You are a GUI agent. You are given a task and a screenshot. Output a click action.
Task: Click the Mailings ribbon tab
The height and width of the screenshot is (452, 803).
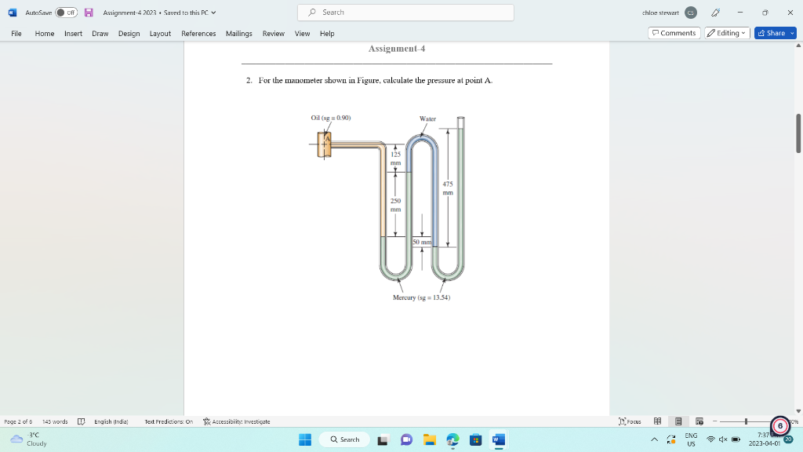238,33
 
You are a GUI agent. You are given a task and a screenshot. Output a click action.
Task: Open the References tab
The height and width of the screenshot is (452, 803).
198,33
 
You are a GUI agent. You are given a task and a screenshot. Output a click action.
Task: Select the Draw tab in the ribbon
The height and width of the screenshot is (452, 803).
100,33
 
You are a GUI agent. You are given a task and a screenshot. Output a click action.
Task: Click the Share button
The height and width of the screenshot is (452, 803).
775,33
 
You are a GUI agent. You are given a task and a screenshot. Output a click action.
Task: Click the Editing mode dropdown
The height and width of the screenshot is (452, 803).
727,33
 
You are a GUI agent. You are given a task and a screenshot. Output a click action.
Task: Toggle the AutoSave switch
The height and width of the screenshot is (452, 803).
65,13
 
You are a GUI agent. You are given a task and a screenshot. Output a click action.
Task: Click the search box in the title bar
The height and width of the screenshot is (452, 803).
405,13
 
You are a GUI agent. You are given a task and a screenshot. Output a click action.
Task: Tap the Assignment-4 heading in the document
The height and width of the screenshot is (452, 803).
397,49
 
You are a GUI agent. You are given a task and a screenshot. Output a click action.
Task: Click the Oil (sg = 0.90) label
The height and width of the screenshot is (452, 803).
331,118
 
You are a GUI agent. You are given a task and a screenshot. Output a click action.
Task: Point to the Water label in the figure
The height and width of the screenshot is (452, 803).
427,118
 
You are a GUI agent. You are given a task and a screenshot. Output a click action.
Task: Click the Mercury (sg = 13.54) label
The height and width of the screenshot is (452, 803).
422,298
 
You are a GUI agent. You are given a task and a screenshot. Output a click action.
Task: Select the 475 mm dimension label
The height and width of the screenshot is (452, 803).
448,188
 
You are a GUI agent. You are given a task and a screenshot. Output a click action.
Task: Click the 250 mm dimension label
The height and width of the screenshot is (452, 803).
396,205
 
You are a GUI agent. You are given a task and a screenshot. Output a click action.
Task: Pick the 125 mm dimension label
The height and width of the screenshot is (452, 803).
396,159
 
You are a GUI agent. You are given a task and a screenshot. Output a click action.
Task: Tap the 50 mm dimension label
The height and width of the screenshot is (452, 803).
421,242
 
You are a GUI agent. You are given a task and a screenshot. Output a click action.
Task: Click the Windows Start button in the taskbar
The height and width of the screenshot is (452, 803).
305,439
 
